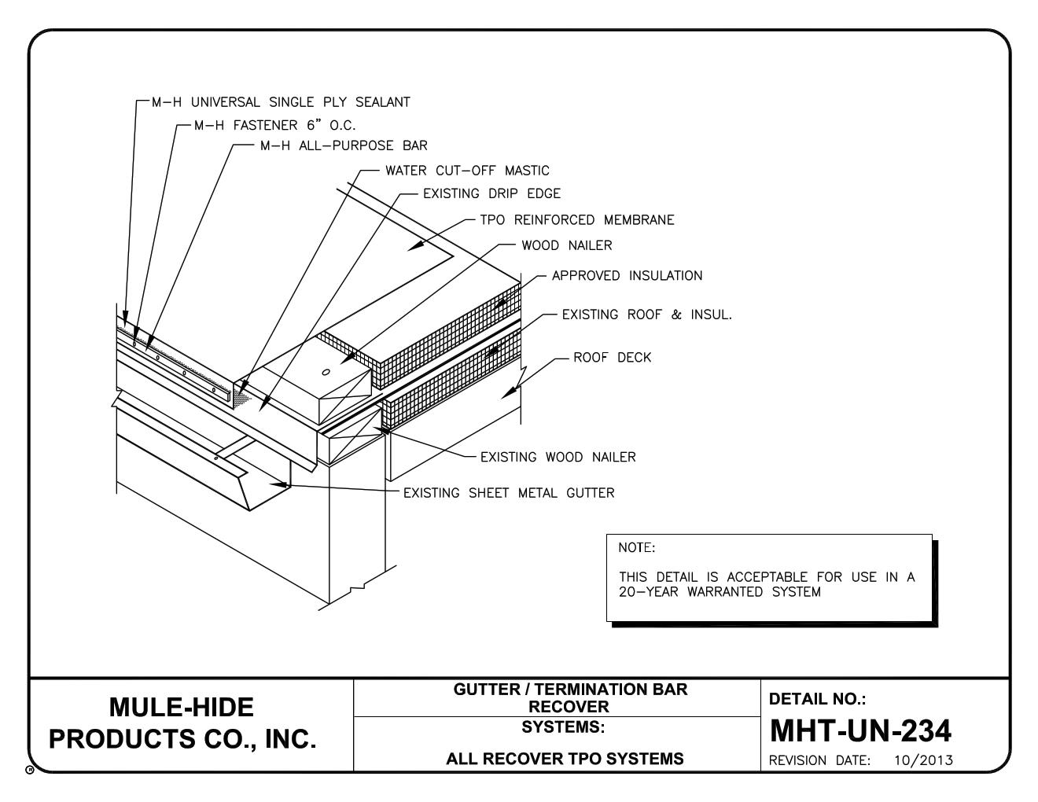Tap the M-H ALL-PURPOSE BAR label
click(344, 145)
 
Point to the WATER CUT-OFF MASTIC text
click(467, 171)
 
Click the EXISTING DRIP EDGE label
click(491, 193)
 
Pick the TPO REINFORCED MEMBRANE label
click(577, 220)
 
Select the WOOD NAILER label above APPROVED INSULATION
click(566, 245)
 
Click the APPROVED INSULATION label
click(627, 276)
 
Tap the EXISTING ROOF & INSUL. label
click(646, 315)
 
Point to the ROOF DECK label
click(612, 358)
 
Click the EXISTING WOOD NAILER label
click(558, 457)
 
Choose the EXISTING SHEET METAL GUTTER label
click(509, 493)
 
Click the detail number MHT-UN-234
click(860, 732)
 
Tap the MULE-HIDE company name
click(181, 708)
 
